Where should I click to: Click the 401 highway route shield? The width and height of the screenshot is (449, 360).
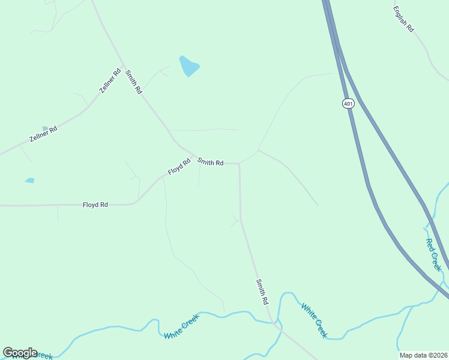coord(349,104)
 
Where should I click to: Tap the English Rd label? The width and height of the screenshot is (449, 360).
coord(403,19)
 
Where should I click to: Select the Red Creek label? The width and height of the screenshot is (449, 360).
coord(433,254)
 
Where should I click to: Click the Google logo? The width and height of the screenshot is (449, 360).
coord(20,353)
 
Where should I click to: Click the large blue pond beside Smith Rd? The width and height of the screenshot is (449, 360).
coord(188,65)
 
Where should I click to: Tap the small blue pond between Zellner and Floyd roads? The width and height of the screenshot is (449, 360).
coord(30,180)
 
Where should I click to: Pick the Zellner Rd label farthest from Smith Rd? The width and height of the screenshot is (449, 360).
coord(43,134)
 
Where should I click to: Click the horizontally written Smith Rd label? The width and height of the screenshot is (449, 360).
coord(211,162)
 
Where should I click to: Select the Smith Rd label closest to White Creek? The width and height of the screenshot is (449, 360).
coord(262,292)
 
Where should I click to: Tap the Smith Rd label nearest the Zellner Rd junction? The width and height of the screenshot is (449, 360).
coord(133,82)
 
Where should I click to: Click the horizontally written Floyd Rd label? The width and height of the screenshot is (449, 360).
coord(95,205)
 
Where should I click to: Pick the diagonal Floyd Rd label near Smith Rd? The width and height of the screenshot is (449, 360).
coord(179,166)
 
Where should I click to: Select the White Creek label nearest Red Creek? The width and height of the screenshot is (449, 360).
coord(314,320)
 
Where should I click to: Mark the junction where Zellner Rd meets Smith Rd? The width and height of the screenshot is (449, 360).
coord(123,66)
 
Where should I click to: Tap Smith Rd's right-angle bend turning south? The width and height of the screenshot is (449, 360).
coord(240,163)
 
